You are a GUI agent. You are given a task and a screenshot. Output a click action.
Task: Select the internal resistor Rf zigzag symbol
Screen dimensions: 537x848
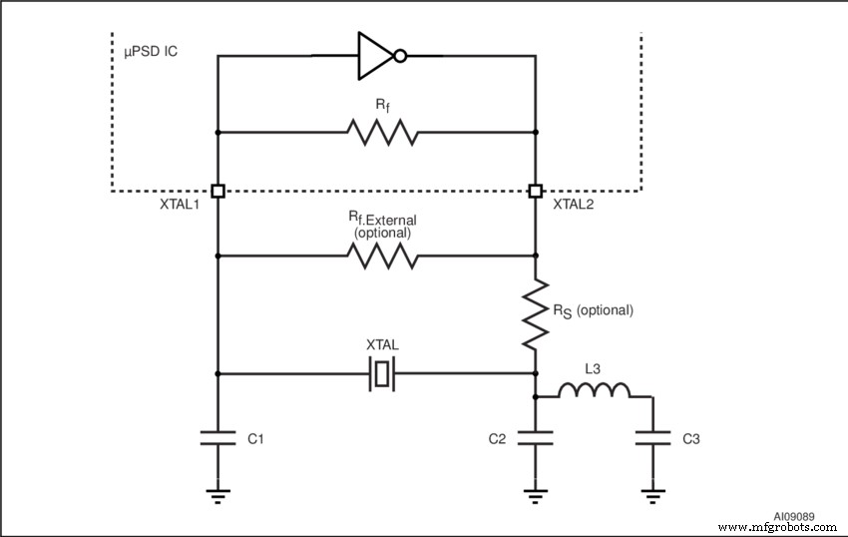click(x=380, y=132)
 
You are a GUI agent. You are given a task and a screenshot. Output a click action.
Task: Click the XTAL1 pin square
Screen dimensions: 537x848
click(x=217, y=191)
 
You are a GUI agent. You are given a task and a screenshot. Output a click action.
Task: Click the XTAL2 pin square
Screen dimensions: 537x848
click(x=536, y=191)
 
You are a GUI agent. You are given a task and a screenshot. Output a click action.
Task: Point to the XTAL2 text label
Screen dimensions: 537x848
click(x=575, y=204)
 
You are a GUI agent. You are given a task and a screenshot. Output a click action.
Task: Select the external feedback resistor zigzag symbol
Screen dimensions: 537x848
click(x=380, y=257)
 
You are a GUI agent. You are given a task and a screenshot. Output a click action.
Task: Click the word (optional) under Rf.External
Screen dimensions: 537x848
click(x=383, y=232)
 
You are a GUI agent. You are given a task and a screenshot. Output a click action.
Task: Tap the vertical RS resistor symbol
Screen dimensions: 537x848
click(x=536, y=312)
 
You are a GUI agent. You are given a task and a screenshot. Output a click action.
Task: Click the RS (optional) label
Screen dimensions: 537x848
click(x=593, y=310)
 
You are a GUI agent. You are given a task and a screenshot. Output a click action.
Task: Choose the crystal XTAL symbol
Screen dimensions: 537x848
click(x=383, y=374)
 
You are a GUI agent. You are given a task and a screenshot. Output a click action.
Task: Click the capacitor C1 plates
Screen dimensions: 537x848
click(x=217, y=437)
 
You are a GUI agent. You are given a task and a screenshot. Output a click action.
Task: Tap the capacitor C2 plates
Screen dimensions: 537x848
click(x=536, y=437)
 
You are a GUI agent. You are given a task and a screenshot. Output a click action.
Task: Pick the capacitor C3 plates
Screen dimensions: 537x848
click(x=652, y=437)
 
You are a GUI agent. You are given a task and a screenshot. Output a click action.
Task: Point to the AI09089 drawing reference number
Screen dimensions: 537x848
click(x=793, y=517)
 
